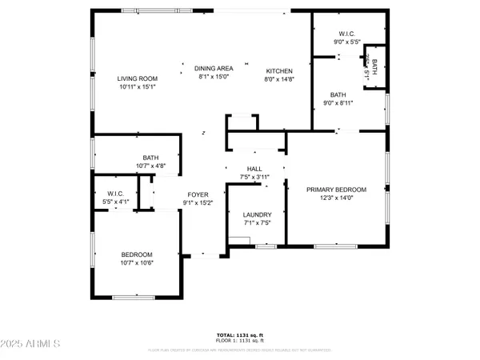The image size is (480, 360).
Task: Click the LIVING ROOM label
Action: [137, 78]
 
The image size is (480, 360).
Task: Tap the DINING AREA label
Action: [213, 69]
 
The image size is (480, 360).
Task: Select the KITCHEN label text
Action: [279, 71]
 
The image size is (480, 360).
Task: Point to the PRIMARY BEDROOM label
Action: [337, 190]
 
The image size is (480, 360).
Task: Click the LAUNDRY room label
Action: [258, 214]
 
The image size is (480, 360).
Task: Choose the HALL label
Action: [254, 169]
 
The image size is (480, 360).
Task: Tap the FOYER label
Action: [198, 194]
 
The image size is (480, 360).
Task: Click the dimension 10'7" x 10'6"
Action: [137, 262]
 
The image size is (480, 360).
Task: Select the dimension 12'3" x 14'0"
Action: [337, 198]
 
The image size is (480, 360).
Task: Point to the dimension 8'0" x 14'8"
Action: [279, 79]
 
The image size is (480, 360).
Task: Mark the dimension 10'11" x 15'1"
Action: [137, 86]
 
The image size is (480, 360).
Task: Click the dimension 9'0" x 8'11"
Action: [338, 102]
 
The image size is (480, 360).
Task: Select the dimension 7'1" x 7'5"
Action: [258, 223]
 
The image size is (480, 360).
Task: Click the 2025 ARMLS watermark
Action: [32, 344]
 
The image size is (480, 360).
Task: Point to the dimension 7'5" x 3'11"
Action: [254, 177]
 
